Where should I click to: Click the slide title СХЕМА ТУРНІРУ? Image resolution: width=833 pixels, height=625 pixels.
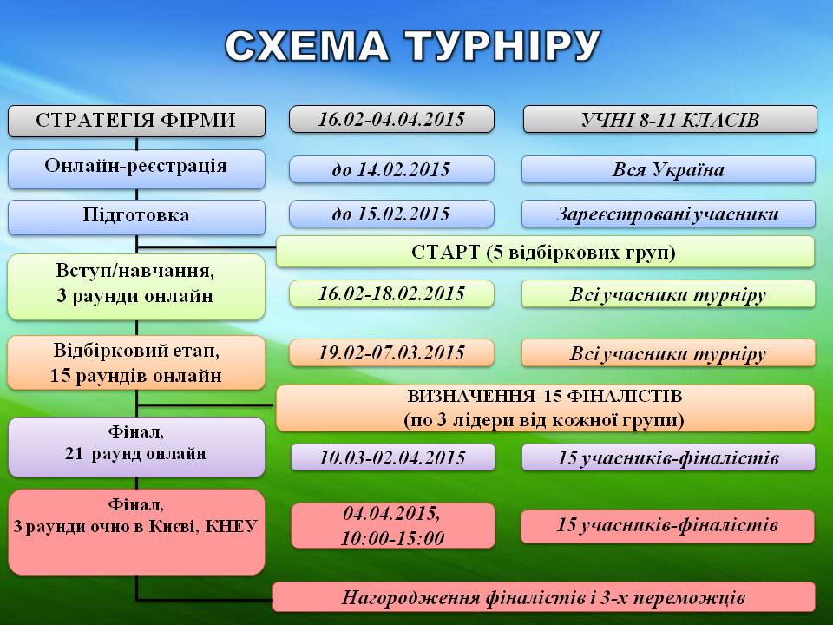tap(413, 45)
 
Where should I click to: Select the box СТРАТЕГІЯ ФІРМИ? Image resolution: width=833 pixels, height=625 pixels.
tap(136, 121)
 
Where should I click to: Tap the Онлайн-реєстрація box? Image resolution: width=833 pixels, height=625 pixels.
tap(136, 169)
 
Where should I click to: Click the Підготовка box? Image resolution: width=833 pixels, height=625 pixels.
tap(136, 217)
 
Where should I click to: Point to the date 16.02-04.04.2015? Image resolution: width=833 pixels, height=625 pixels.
tap(391, 119)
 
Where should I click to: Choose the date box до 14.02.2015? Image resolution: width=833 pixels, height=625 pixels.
tap(391, 169)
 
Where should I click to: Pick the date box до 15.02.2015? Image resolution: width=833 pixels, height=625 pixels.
tap(391, 214)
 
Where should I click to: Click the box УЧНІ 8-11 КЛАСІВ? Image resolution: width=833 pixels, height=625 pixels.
tap(670, 119)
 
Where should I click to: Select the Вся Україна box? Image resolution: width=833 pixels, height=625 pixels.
tap(668, 169)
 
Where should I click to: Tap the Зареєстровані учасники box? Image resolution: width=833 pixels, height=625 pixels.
tap(668, 214)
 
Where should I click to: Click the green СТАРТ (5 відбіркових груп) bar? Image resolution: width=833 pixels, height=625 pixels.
tap(545, 252)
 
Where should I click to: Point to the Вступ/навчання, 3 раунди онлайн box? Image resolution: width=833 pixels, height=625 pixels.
tap(136, 287)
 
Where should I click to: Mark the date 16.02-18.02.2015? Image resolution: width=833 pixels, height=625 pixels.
tap(391, 294)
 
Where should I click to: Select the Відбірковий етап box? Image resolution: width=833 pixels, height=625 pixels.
tap(136, 363)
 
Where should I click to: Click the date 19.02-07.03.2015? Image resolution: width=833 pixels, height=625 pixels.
tap(391, 353)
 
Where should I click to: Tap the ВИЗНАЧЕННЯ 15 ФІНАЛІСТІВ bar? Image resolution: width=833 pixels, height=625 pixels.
tap(545, 408)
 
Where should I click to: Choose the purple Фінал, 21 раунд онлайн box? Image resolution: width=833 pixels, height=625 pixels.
tap(136, 447)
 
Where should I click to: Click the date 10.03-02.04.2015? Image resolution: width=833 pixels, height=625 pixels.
tap(392, 457)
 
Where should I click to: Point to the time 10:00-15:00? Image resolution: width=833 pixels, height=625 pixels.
tap(392, 538)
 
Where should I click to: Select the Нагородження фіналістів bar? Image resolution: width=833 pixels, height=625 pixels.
tap(544, 597)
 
